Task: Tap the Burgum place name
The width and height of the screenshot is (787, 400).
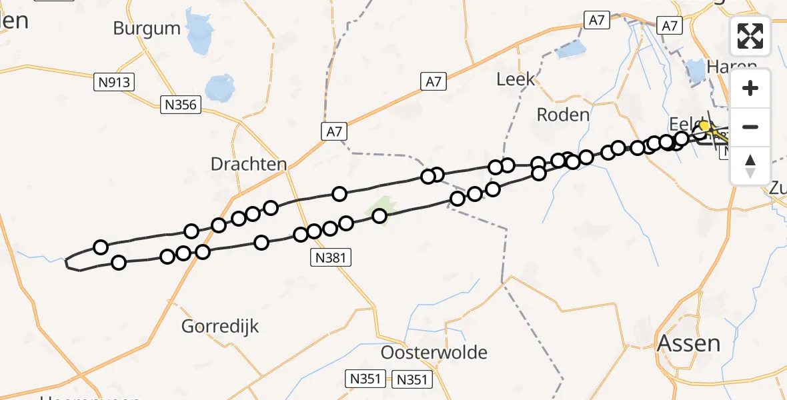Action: pyautogui.click(x=147, y=29)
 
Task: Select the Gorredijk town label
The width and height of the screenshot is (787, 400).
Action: pyautogui.click(x=220, y=327)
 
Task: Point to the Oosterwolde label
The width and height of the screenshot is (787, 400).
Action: pyautogui.click(x=434, y=353)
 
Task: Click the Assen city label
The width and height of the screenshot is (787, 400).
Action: pyautogui.click(x=689, y=343)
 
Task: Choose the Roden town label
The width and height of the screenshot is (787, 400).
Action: pyautogui.click(x=563, y=115)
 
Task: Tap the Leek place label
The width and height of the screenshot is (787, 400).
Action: pyautogui.click(x=516, y=79)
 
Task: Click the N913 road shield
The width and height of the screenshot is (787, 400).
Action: pyautogui.click(x=114, y=83)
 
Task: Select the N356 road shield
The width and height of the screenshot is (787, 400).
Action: pyautogui.click(x=181, y=104)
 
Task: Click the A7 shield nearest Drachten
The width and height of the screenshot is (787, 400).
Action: pyautogui.click(x=334, y=131)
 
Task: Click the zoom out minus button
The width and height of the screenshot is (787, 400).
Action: pyautogui.click(x=750, y=127)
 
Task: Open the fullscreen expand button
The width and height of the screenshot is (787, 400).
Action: pyautogui.click(x=750, y=36)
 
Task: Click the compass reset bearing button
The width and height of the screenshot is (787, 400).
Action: pyautogui.click(x=750, y=165)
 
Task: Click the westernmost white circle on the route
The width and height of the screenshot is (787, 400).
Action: pyautogui.click(x=101, y=247)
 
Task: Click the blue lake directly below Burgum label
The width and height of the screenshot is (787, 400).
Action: pyautogui.click(x=219, y=87)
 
